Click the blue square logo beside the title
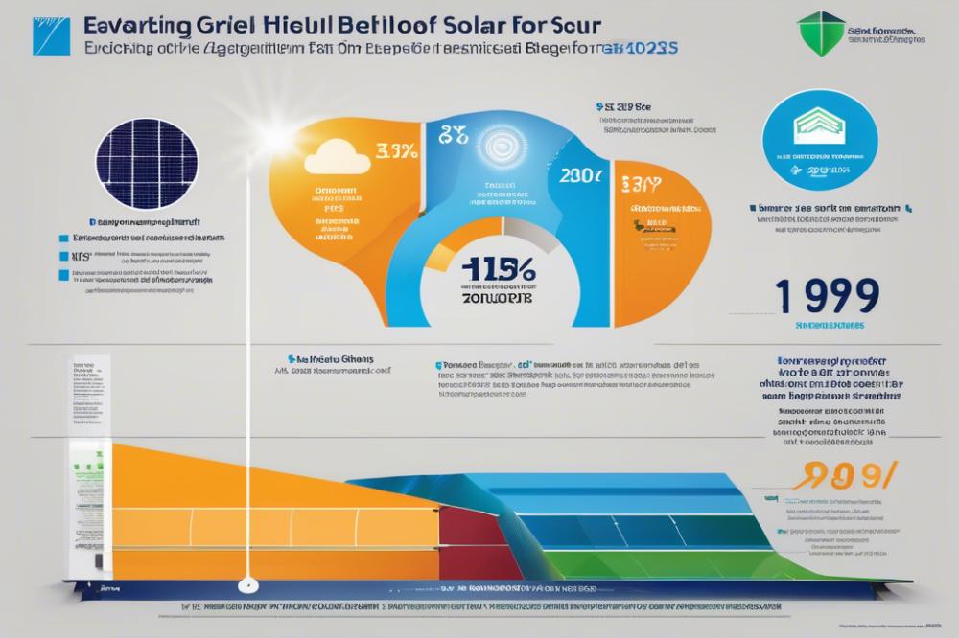[x=51, y=35]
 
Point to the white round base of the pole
[x=247, y=582]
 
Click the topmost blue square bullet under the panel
[x=62, y=238]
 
